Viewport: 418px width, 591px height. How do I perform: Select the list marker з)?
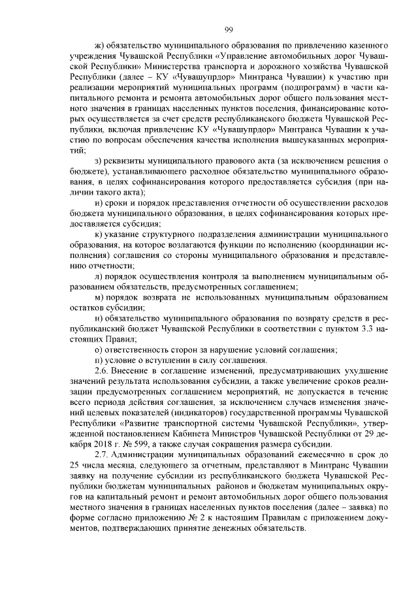(x=99, y=161)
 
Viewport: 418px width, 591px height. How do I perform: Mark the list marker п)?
(x=99, y=360)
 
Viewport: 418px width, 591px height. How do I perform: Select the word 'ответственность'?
(x=136, y=349)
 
